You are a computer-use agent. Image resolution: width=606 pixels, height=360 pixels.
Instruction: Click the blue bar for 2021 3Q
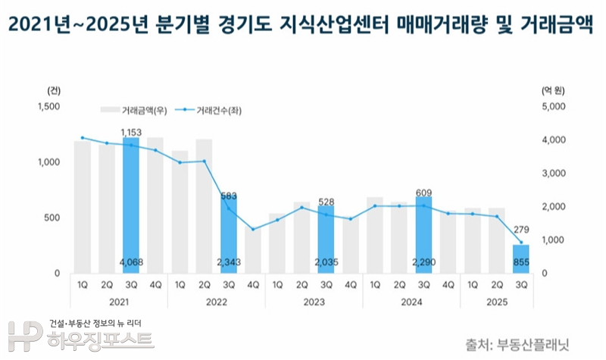coord(131,205)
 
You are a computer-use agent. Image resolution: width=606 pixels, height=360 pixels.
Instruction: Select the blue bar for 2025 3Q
coord(521,258)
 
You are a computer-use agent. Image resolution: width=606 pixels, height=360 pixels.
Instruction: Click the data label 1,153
coord(131,132)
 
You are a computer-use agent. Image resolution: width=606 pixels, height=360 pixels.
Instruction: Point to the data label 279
coord(521,230)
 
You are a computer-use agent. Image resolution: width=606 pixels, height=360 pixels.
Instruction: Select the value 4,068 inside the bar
coord(131,263)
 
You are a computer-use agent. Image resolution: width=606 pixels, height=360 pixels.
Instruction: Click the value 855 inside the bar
coord(521,263)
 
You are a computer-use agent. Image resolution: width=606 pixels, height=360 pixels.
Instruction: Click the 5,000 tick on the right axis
coord(554,106)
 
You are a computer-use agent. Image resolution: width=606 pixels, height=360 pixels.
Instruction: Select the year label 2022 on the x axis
coord(217,302)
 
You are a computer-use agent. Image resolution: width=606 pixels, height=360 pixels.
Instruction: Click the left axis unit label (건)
coord(52,89)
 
